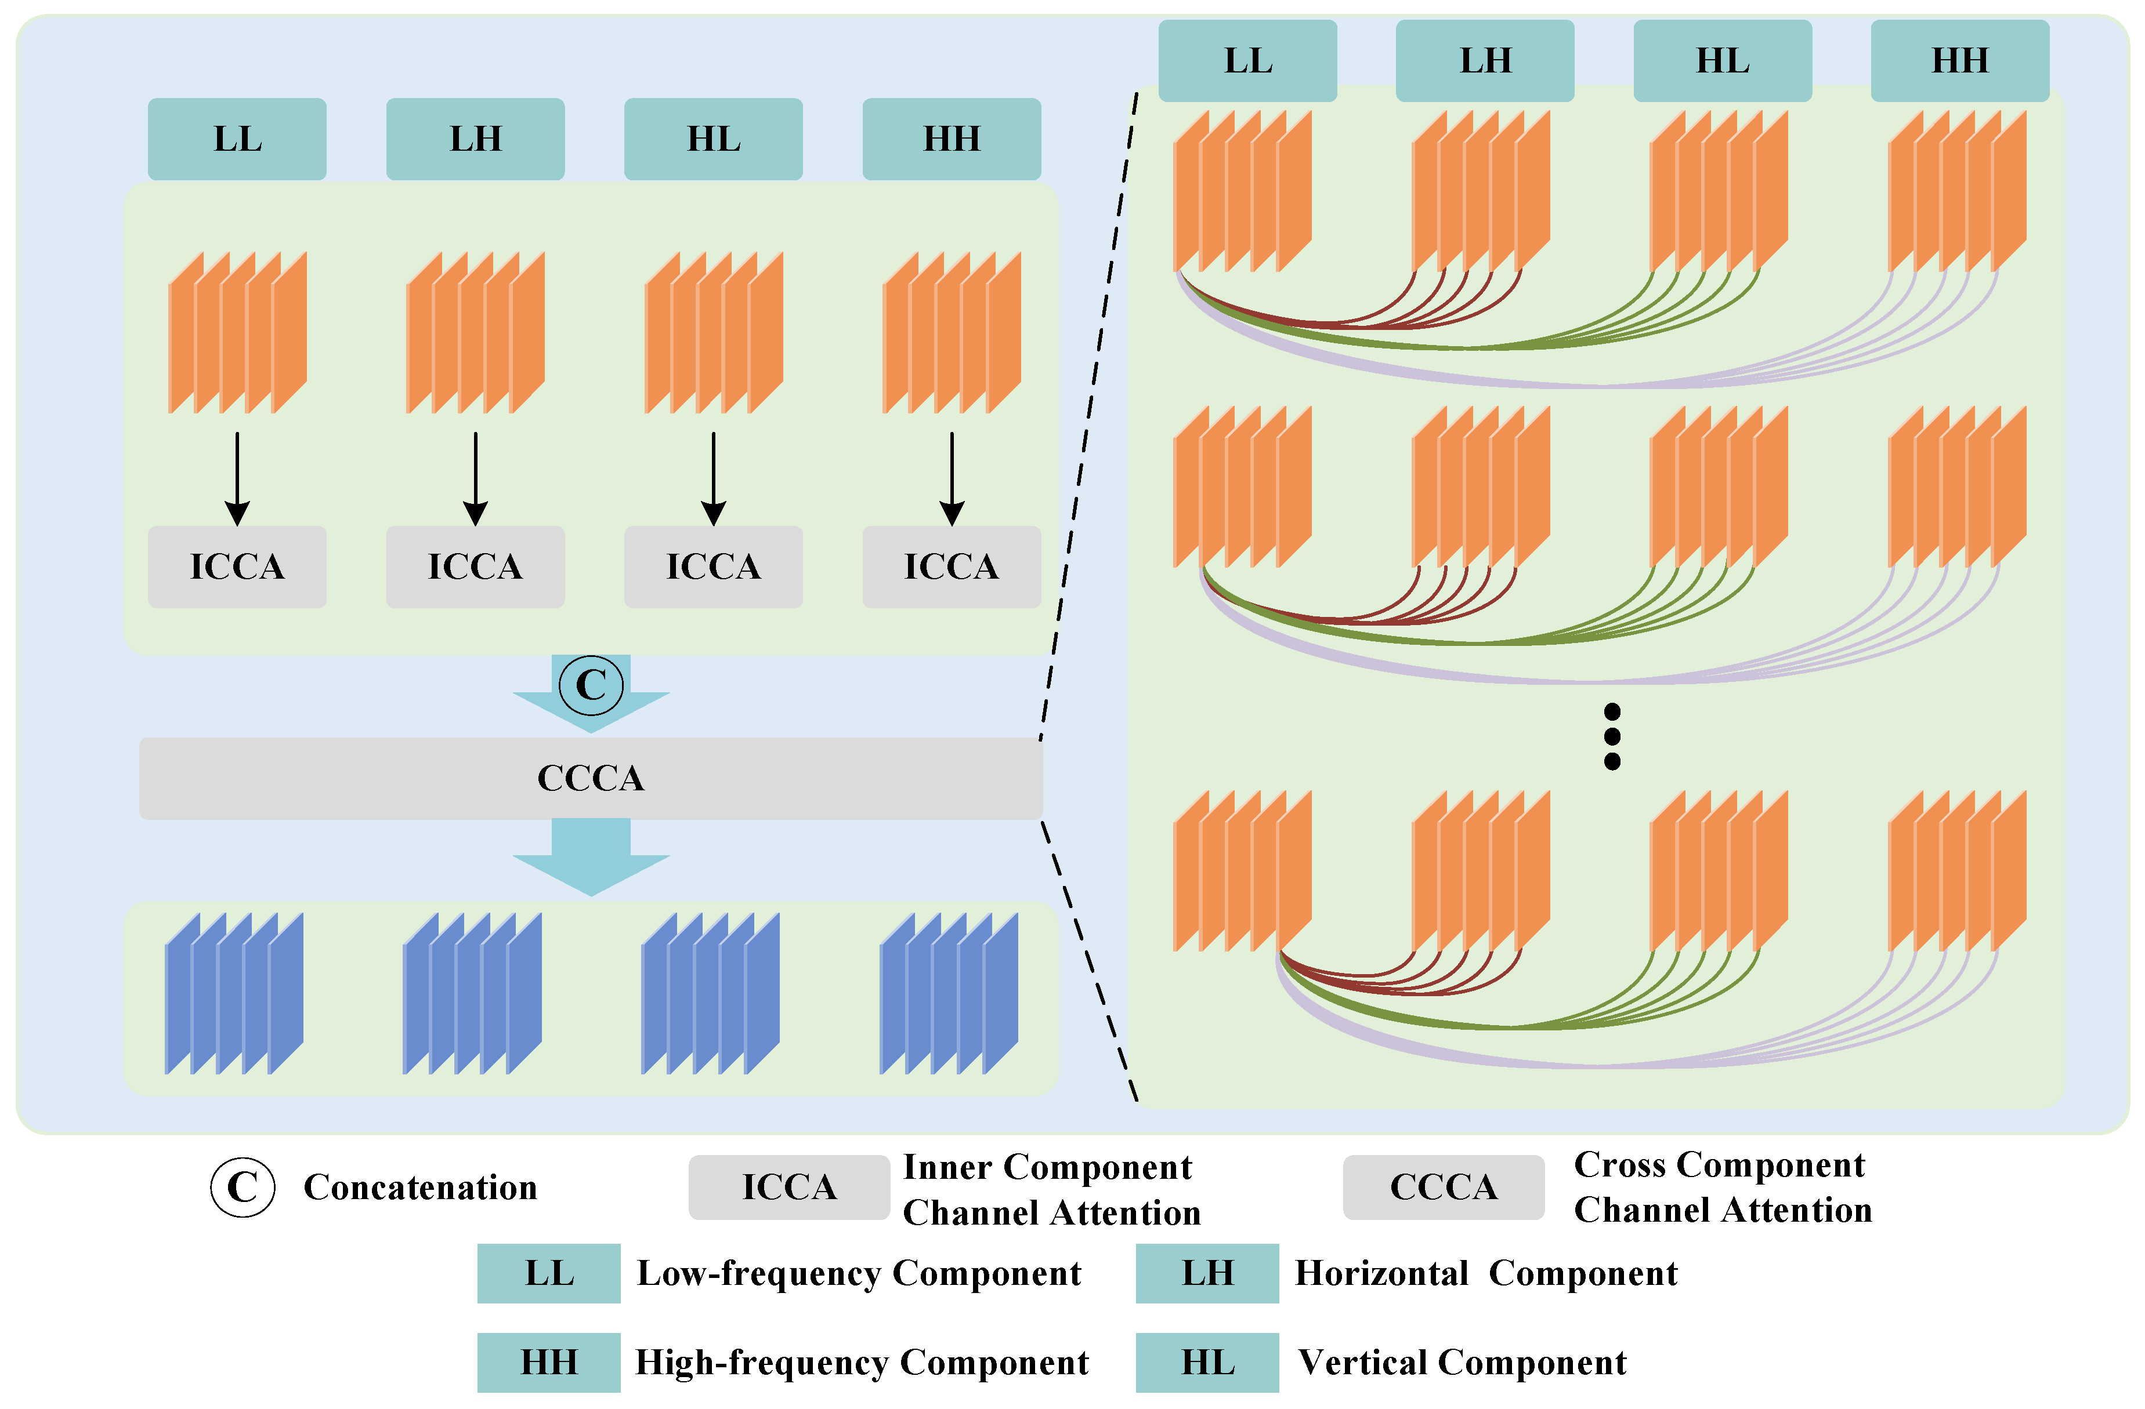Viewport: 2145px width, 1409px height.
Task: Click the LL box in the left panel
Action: pos(237,139)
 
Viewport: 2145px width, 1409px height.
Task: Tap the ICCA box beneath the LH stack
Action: pos(475,566)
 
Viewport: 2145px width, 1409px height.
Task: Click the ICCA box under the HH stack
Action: pos(951,566)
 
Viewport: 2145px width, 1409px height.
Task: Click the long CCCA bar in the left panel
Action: pos(590,778)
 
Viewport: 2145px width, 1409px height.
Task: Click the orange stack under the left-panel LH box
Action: pos(475,332)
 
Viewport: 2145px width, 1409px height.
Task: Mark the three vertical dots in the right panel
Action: pos(1612,736)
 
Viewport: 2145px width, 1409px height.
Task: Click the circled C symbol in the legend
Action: pos(243,1188)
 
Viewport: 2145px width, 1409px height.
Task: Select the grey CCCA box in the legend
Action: pos(1443,1188)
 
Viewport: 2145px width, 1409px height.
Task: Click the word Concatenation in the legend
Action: pos(420,1188)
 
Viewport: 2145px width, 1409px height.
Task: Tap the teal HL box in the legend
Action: pos(1207,1362)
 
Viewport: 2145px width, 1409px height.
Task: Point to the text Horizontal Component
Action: pos(1485,1273)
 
